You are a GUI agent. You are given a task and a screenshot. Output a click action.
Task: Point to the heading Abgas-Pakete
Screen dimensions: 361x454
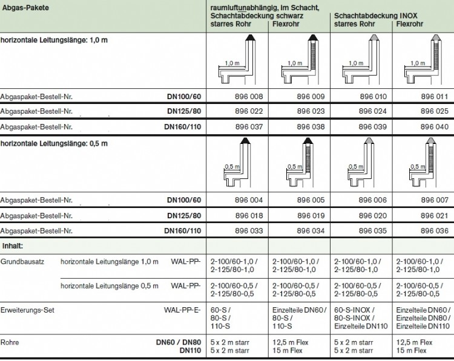tap(25, 7)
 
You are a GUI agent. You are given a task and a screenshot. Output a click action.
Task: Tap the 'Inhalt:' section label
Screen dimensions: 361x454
tap(13, 246)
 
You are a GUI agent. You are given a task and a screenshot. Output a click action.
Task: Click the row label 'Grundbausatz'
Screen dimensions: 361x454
tap(22, 261)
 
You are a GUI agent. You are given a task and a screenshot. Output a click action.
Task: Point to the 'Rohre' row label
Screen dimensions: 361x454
tap(10, 342)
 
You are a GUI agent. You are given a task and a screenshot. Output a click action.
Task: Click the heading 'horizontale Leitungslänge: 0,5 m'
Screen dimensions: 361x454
tap(54, 144)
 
